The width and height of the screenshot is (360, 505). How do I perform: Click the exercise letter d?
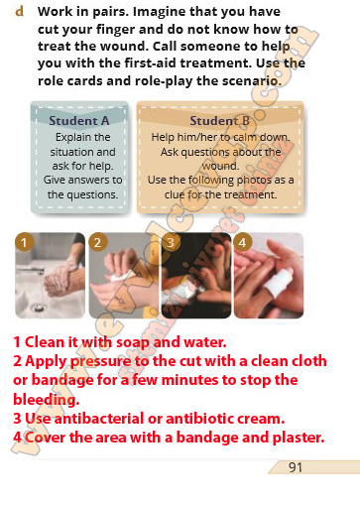pos(20,12)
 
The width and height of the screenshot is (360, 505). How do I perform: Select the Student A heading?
pos(79,121)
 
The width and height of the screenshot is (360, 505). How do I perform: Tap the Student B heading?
pos(220,121)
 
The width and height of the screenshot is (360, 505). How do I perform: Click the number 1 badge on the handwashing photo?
pos(24,242)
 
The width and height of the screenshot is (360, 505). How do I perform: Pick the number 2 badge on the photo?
pos(97,242)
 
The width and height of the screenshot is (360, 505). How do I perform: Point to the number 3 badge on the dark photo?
pos(171,242)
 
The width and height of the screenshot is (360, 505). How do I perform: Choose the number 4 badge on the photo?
pos(243,242)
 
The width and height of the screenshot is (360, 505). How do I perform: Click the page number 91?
pos(296,467)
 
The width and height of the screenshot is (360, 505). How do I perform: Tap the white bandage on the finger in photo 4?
pos(280,282)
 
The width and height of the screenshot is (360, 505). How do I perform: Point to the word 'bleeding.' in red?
pos(47,399)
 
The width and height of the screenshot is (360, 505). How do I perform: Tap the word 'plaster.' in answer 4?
pos(299,438)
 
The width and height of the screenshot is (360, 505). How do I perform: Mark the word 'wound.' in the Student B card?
pos(220,166)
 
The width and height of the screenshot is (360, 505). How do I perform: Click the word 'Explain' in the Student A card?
pos(69,137)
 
